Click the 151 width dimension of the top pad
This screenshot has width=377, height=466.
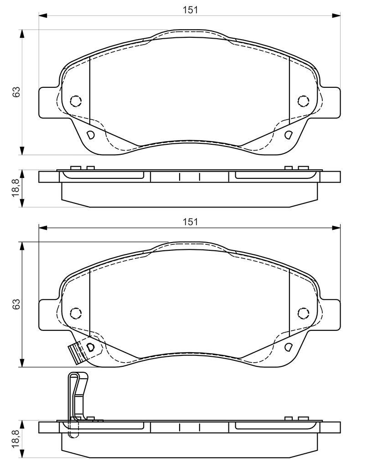190,10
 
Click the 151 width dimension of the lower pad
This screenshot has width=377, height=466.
190,222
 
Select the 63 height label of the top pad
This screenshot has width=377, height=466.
16,91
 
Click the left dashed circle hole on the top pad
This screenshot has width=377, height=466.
76,101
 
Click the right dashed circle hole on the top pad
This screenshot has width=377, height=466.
304,101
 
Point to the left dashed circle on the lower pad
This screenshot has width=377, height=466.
76,313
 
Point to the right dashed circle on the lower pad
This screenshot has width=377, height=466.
304,313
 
